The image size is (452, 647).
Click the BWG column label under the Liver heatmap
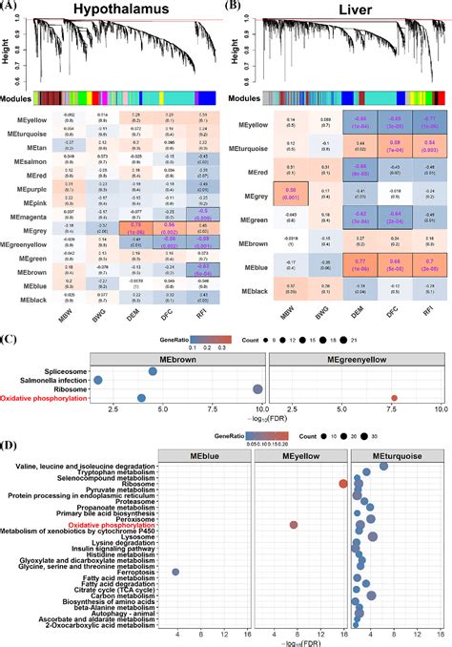(x=325, y=306)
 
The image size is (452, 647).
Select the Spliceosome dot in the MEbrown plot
(x=153, y=371)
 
